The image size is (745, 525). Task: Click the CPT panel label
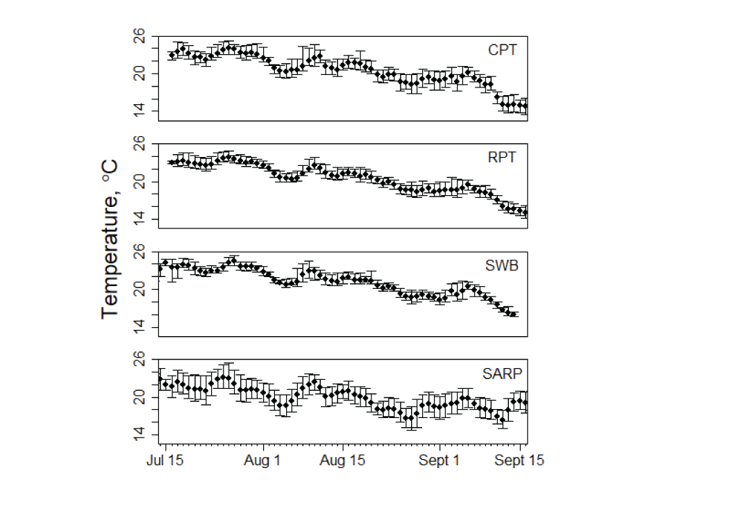502,50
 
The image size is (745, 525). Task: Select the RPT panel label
502,158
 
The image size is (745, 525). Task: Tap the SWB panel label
502,265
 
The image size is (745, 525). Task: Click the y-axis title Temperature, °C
110,240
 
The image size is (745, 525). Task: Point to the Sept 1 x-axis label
439,461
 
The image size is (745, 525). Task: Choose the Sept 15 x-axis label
521,461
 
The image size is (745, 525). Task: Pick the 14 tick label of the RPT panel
139,219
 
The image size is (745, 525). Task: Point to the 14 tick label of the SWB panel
139,327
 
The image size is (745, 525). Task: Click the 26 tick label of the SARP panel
139,359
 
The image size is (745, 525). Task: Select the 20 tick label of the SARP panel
139,397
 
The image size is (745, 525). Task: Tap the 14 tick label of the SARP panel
139,435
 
